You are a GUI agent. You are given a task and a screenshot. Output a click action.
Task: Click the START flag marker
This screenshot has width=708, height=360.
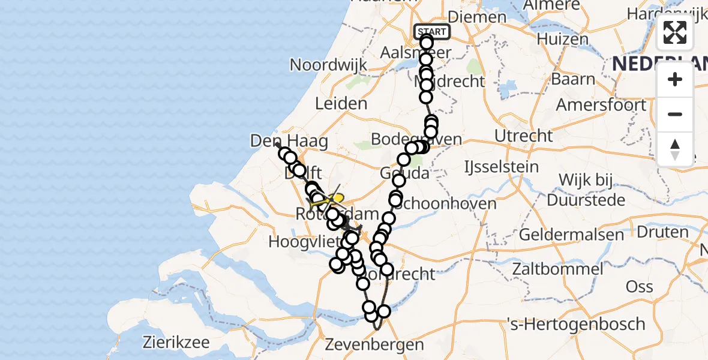[x=431, y=32]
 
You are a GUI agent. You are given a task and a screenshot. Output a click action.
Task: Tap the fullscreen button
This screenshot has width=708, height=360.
[x=675, y=32]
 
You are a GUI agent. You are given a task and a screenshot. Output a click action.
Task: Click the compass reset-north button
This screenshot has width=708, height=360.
[x=675, y=149]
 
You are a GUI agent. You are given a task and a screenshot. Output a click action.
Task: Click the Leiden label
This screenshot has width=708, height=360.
[x=341, y=104]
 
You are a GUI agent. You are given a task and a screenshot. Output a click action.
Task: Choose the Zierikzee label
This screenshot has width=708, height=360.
[x=176, y=343]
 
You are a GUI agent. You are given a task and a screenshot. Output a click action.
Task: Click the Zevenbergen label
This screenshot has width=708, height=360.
[x=374, y=345]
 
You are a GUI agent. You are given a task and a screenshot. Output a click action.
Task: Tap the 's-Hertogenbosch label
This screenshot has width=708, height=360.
[x=576, y=325]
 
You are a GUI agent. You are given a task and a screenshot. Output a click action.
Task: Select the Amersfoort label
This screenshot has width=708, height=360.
[x=601, y=105]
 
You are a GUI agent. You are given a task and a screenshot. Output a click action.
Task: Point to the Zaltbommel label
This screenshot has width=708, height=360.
[x=558, y=268]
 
